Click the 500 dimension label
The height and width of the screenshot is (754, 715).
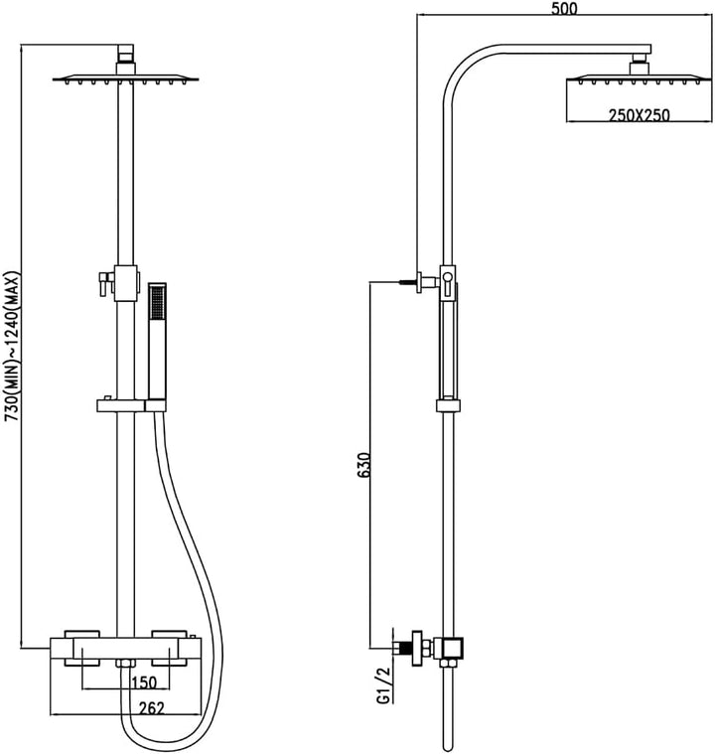coord(564,8)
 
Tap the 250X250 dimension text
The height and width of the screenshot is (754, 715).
coord(639,116)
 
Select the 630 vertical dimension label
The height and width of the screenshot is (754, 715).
coord(365,465)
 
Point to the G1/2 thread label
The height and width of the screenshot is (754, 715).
coord(383,684)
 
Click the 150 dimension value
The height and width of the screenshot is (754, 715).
coord(144,682)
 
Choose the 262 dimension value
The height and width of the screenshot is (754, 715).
coord(152,708)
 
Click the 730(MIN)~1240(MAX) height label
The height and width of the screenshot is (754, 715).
coord(12,347)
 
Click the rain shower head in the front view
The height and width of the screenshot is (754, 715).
coord(125,78)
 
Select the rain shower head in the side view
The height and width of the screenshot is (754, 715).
coord(638,78)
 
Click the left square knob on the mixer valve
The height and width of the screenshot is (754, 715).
coord(81,648)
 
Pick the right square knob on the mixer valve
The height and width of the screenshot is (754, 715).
coord(169,648)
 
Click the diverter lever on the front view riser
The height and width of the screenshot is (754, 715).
coord(105,283)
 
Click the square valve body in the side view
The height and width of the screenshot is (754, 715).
coord(453,648)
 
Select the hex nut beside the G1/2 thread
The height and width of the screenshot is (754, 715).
coord(416,648)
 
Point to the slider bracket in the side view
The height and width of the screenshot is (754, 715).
coord(448,405)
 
